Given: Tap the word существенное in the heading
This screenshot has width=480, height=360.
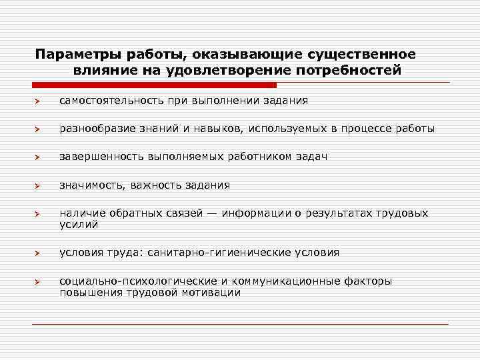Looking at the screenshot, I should pyautogui.click(x=366, y=53).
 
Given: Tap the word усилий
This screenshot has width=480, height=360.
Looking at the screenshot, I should pyautogui.click(x=79, y=225).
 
